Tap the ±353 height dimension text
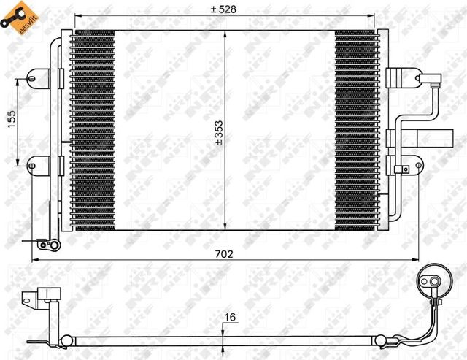pos(218,134)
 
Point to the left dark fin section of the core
pos(93,131)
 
